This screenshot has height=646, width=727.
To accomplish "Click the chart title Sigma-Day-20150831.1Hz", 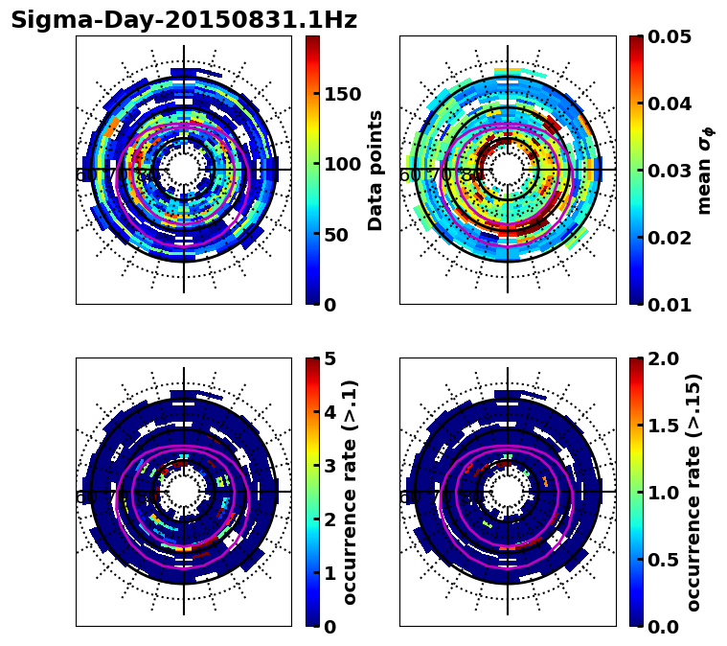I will tap(183, 20).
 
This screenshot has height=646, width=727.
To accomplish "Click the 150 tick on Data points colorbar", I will tap(342, 94).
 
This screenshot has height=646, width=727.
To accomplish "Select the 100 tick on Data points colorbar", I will tap(342, 164).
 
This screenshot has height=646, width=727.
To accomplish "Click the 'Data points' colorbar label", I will tap(375, 171).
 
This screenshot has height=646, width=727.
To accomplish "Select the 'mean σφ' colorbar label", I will tap(705, 171).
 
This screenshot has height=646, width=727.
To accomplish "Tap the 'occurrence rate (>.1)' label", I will tap(350, 493).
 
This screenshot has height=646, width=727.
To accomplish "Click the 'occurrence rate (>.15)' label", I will tap(694, 493).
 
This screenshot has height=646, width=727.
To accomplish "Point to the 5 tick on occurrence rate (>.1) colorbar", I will tap(330, 359).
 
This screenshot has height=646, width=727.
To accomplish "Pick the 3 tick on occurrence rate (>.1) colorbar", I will tap(330, 467).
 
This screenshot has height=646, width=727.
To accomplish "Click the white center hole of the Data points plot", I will tap(184, 170).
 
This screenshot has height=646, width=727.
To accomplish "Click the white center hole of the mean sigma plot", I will tap(508, 170).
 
